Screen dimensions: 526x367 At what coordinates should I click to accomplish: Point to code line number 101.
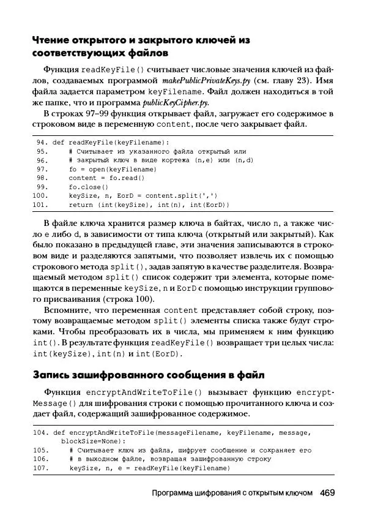click(40, 205)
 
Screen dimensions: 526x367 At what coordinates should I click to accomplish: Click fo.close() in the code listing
click(88, 187)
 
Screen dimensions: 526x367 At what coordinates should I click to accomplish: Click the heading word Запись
click(53, 374)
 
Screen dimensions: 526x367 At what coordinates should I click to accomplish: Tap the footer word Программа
click(173, 494)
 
